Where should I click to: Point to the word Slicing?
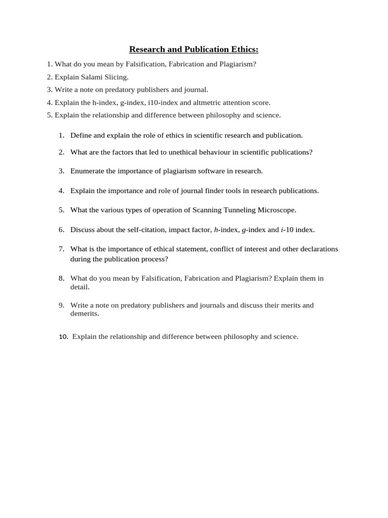coord(117,77)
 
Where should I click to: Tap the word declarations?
coord(318,249)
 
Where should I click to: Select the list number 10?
coord(63,337)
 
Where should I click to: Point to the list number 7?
coord(61,249)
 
